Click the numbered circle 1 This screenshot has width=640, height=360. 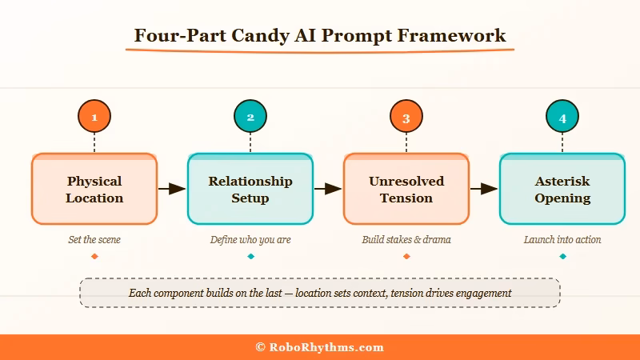tap(94, 117)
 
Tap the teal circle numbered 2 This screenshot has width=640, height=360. tap(250, 117)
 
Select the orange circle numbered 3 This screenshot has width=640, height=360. tap(406, 117)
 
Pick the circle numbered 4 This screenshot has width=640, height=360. tap(562, 117)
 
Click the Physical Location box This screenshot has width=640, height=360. tap(94, 189)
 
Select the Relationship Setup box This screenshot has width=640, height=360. tap(250, 189)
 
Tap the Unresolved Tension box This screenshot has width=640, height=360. tap(406, 189)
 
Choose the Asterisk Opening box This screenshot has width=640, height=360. tap(562, 189)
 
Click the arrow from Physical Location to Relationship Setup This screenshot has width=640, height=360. tap(172, 189)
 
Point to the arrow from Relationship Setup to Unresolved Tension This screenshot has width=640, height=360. tap(328, 189)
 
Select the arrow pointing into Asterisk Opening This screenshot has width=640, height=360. tap(484, 189)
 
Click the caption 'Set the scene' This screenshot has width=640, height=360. tap(94, 239)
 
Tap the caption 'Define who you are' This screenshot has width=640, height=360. tap(250, 239)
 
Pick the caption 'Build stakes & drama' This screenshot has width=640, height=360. tap(406, 239)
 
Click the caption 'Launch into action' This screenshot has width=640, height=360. tap(562, 239)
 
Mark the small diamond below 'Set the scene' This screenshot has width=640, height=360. tap(94, 256)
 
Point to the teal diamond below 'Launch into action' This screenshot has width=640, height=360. tap(562, 256)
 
